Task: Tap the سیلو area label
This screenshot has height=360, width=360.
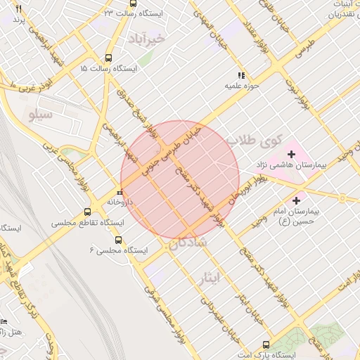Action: (x=41, y=115)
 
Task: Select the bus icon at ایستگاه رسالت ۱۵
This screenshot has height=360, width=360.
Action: (x=108, y=58)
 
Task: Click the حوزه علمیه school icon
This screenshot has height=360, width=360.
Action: (x=241, y=75)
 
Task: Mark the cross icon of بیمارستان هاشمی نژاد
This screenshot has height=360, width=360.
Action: (x=292, y=153)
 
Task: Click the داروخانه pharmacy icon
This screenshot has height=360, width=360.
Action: (x=120, y=191)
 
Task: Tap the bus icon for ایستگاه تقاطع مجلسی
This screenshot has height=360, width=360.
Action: (x=88, y=212)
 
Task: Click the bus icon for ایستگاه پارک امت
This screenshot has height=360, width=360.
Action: (x=265, y=345)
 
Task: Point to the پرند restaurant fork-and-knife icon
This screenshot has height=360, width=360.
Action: (x=18, y=8)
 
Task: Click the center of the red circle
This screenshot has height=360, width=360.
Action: (x=180, y=179)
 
